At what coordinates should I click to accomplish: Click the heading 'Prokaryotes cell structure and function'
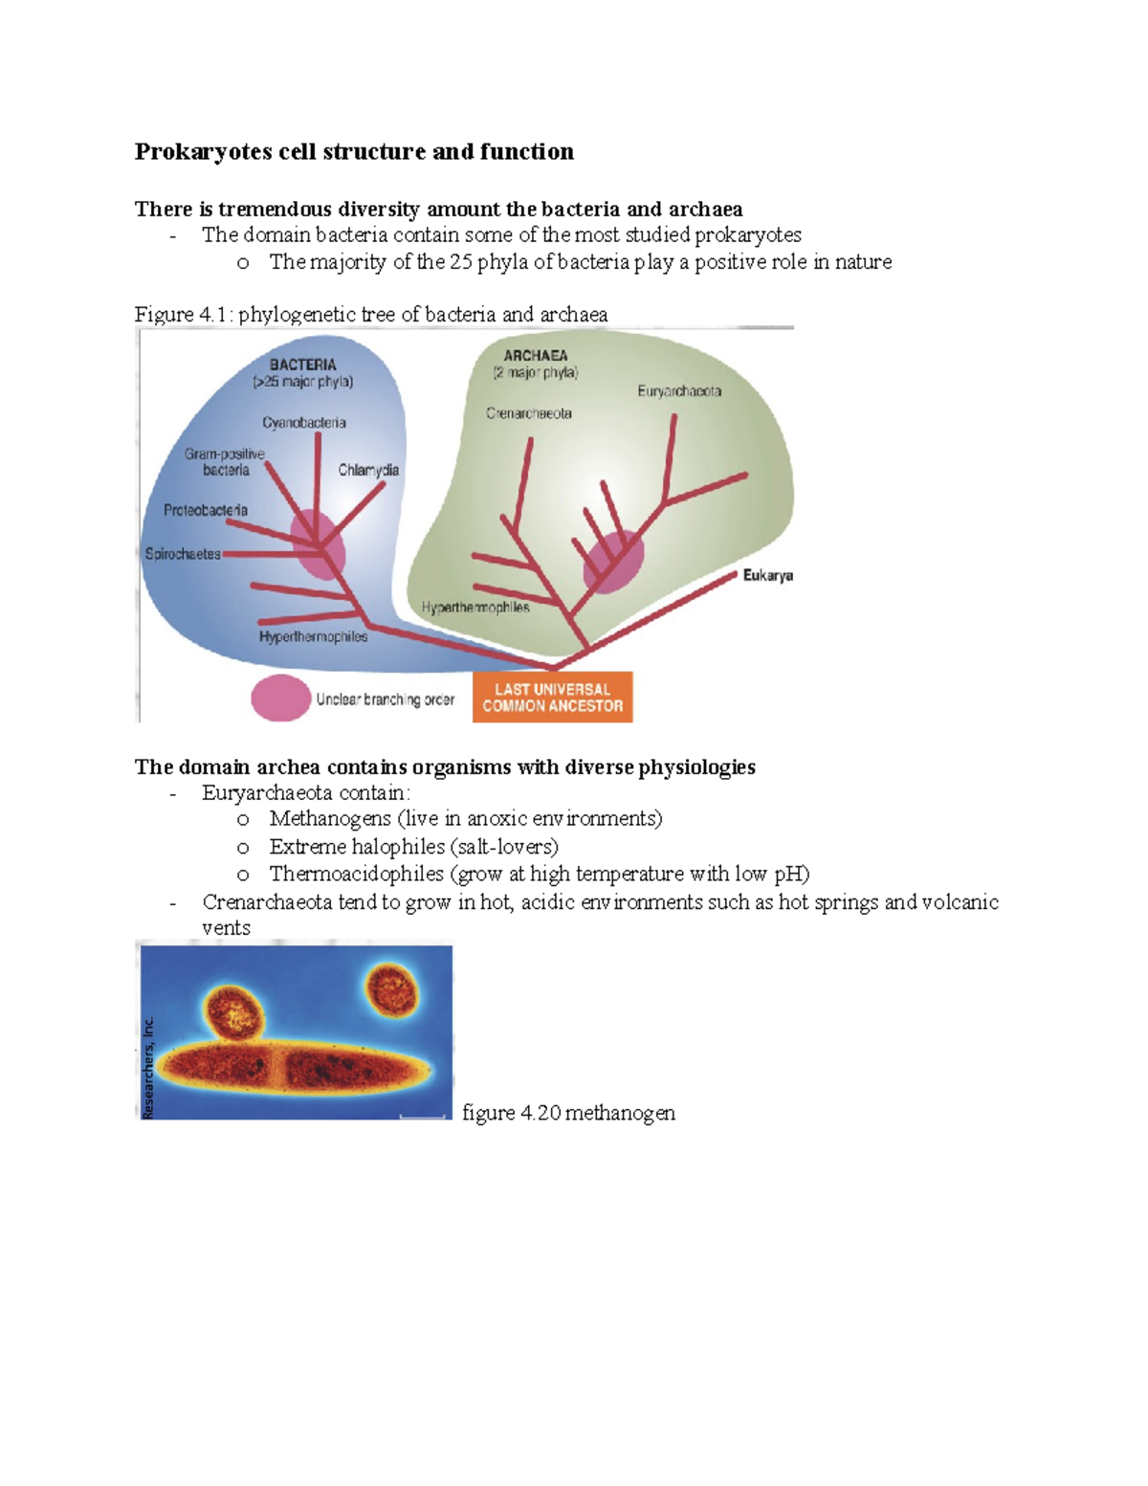point(354,152)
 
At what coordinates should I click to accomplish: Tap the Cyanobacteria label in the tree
point(304,423)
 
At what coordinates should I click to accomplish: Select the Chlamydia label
point(368,470)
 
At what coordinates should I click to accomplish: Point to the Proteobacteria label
point(205,510)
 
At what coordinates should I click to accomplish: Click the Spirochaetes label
point(183,554)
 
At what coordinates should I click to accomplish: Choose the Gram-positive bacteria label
point(225,462)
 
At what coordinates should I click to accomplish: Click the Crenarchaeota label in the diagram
point(529,413)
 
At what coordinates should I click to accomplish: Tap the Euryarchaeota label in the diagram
point(679,391)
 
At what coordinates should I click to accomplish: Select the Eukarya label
point(767,576)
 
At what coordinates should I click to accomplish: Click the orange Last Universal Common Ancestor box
point(552,698)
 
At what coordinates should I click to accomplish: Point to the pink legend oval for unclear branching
point(280,698)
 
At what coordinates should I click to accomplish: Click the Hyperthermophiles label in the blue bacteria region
point(313,636)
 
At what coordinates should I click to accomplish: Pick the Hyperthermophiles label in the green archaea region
point(475,608)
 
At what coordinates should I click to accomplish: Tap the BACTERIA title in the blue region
point(302,365)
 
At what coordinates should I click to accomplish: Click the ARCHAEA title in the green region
point(536,355)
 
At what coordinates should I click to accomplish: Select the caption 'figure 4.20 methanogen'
point(568,1113)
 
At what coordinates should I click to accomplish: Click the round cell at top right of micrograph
point(392,989)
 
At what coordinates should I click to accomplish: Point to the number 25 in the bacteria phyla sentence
point(461,262)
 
